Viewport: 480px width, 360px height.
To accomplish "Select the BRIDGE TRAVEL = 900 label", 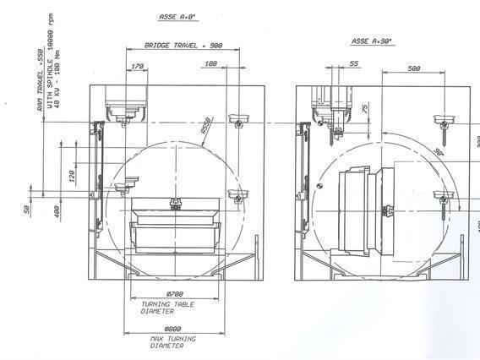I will click(x=183, y=45).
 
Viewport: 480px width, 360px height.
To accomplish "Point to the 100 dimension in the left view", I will click(x=211, y=63).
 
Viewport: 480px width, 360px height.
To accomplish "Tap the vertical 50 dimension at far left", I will click(x=27, y=208).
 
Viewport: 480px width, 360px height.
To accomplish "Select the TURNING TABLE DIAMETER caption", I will click(x=169, y=307).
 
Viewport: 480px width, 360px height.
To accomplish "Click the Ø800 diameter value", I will click(x=172, y=329).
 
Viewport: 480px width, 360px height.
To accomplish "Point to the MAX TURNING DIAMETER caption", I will click(x=172, y=342).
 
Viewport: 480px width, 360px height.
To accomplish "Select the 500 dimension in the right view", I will click(x=414, y=68).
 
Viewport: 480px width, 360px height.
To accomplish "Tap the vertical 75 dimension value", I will click(x=363, y=109).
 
